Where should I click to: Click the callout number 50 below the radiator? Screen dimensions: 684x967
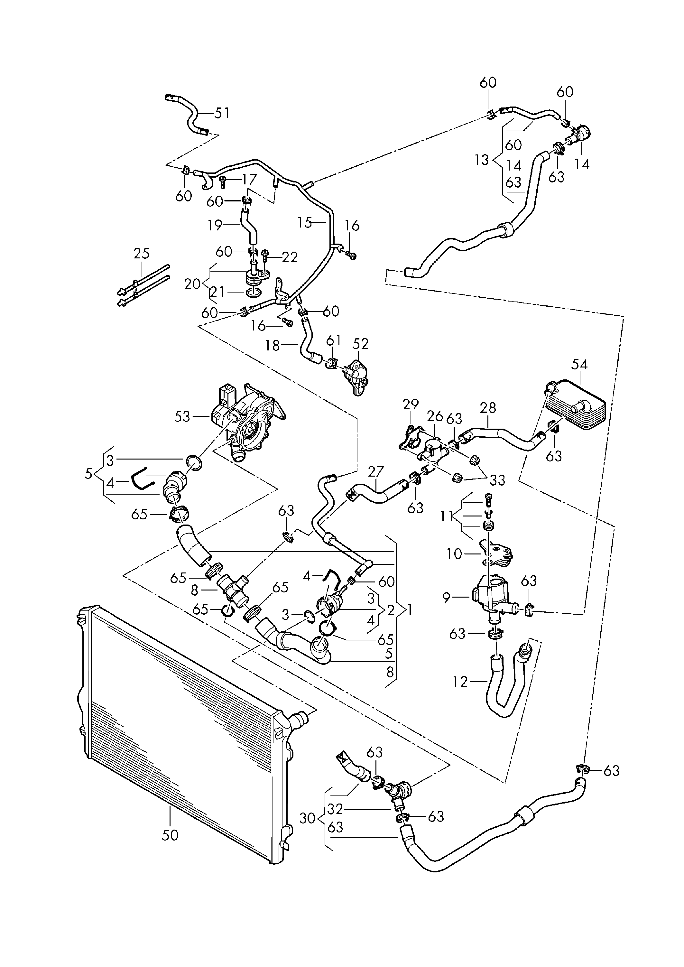coord(170,835)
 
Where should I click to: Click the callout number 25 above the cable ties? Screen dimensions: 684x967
coord(142,254)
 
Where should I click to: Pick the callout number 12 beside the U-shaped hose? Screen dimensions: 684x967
coord(461,682)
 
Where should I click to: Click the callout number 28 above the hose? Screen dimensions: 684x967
coord(488,408)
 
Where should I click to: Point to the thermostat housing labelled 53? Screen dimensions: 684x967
coord(248,421)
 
